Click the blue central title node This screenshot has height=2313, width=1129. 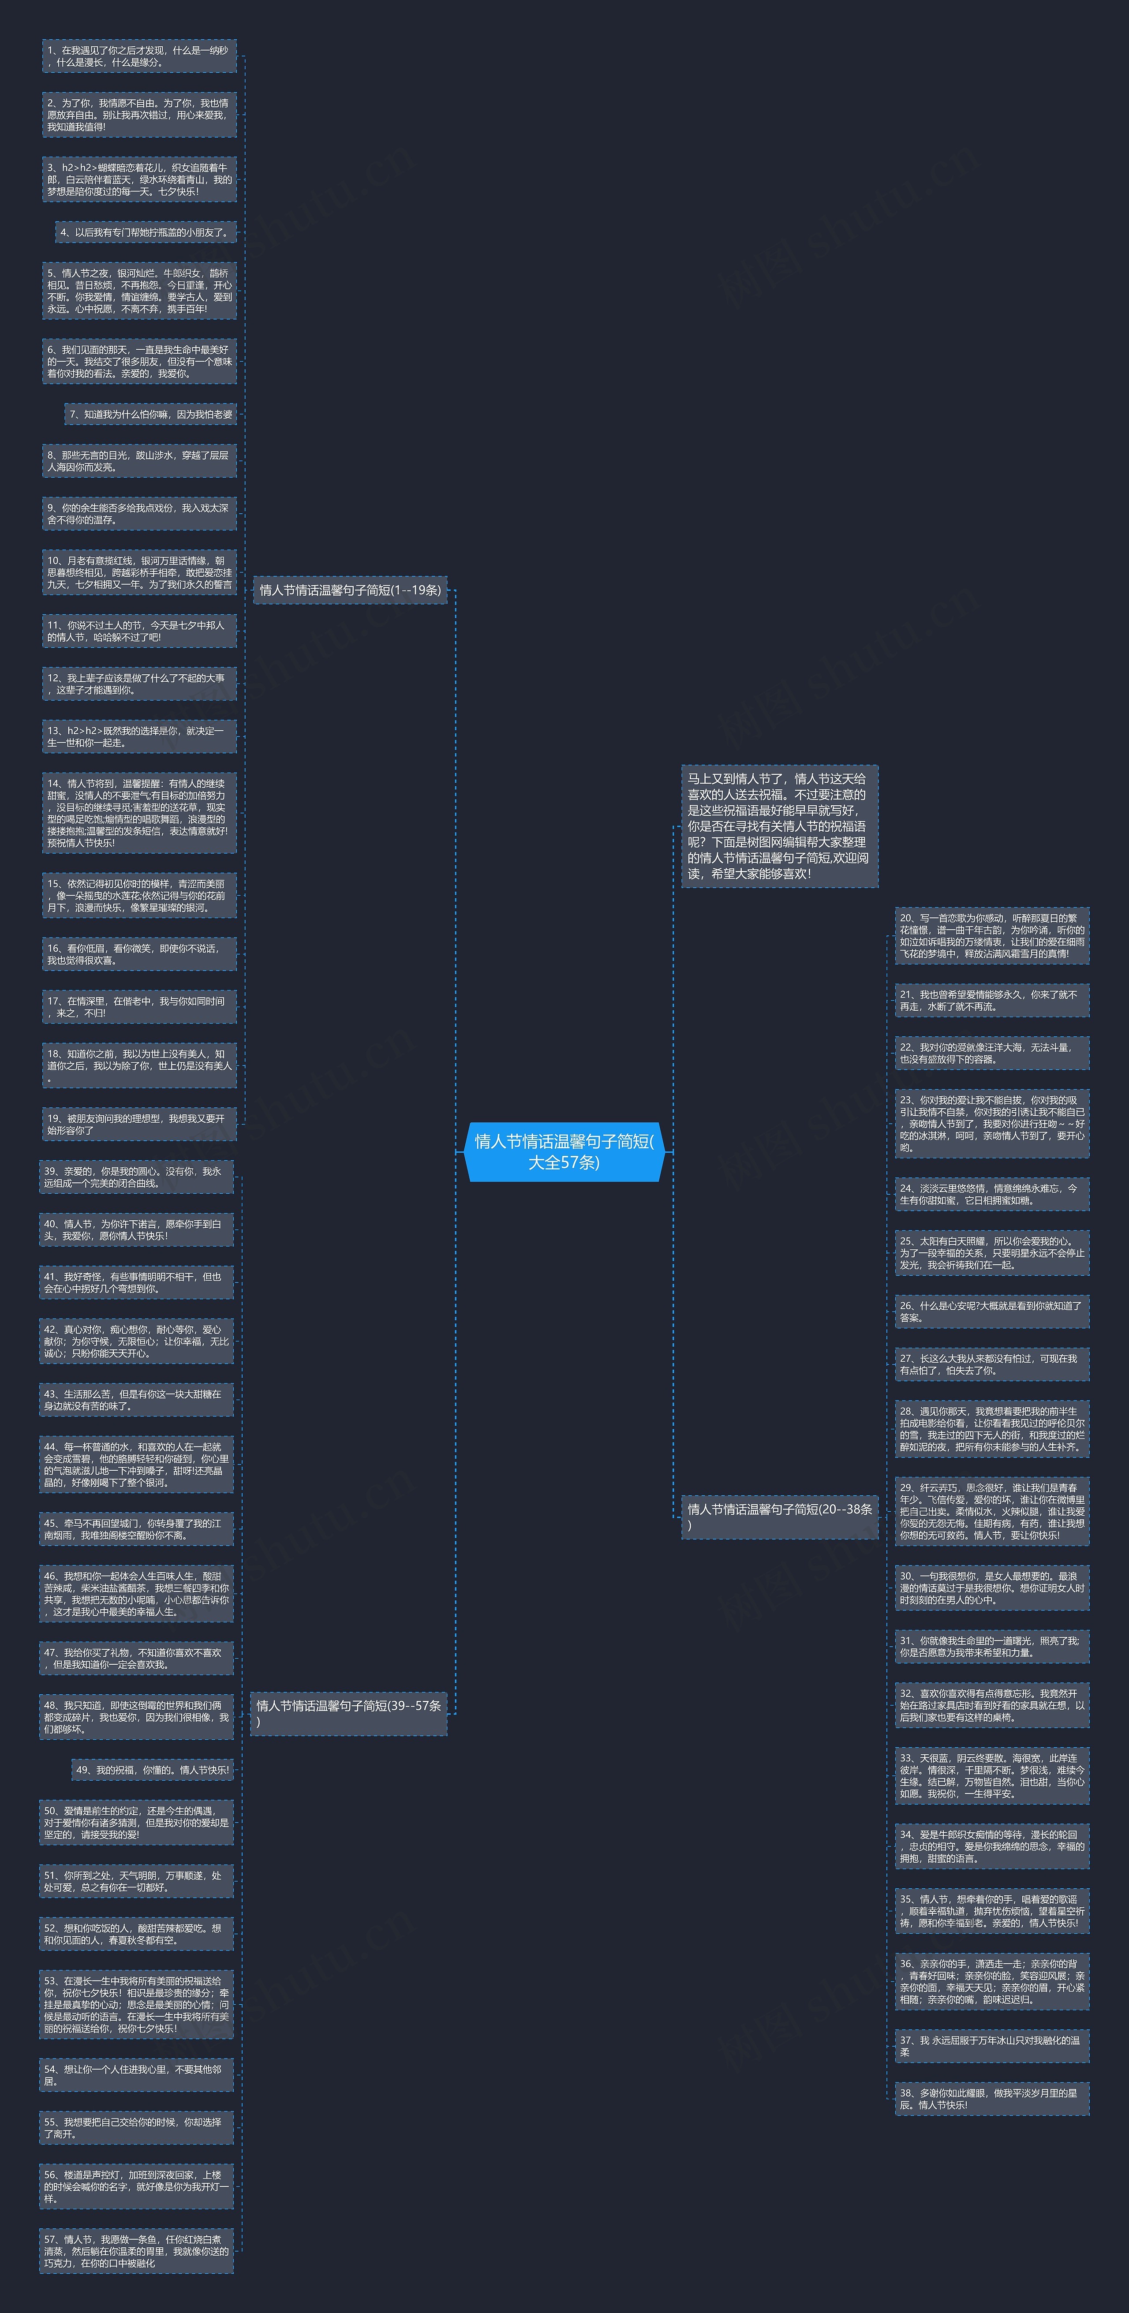coord(564,1151)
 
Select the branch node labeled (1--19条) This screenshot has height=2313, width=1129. coord(350,590)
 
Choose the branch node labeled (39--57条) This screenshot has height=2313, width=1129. coord(348,1712)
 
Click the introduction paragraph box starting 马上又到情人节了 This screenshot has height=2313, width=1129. coord(779,826)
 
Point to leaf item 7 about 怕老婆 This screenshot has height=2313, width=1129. coord(151,414)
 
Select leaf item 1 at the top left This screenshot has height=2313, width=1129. coord(139,56)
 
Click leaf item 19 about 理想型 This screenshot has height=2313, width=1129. coord(139,1124)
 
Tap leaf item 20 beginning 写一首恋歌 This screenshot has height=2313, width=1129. coord(991,936)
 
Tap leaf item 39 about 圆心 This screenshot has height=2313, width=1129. coord(137,1177)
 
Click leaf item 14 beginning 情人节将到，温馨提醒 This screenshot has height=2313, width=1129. coord(139,813)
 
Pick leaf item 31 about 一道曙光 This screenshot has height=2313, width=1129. coord(991,1646)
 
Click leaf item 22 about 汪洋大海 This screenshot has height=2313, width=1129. coord(991,1053)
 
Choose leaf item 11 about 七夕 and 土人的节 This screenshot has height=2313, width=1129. coord(139,631)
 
